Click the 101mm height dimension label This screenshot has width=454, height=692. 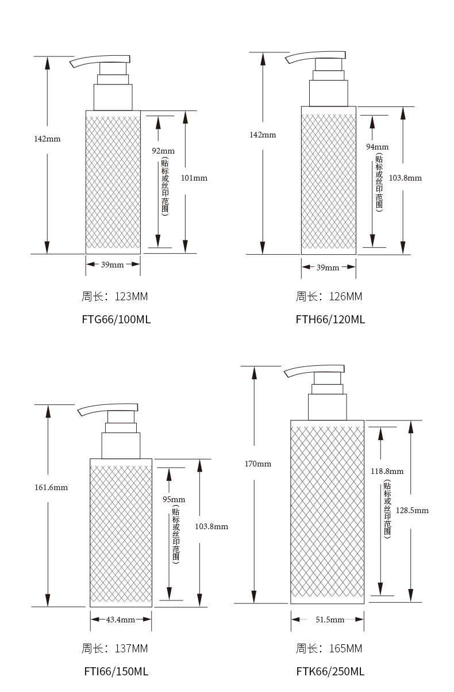coord(194,178)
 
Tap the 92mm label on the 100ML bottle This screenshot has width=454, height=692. coord(163,151)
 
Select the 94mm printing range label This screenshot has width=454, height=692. coord(377,147)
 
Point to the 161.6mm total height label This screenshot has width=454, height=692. coord(51,487)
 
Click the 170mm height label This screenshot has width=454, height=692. coord(258,464)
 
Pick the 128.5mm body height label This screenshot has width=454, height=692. coord(412,510)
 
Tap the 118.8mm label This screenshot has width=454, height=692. coord(387,471)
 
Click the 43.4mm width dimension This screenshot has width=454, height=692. coord(121,620)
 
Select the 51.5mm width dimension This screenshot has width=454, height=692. coord(330,620)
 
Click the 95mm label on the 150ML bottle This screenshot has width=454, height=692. coord(174,499)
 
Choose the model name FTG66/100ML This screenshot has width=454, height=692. coord(116,319)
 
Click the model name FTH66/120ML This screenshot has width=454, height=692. coord(330,319)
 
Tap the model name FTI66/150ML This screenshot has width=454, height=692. coord(116,671)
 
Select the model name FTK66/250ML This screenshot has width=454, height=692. coord(330,671)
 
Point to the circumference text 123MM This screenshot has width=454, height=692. coord(131,297)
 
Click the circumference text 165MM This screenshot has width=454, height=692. coord(345,648)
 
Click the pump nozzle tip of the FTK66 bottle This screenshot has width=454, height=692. coord(286,374)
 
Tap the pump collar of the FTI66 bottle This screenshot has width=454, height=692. coord(121,445)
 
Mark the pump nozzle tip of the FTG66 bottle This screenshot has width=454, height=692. coord(72,64)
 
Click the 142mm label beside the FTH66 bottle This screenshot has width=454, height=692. coord(263,135)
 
